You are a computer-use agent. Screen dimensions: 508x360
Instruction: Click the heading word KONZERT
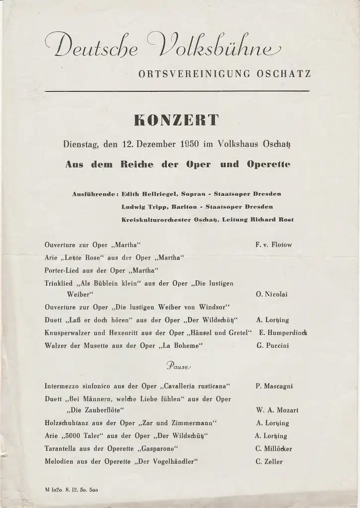point(176,121)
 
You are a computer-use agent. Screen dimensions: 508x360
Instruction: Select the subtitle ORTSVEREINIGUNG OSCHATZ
point(225,74)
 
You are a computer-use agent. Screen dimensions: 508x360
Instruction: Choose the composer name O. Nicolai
point(272,294)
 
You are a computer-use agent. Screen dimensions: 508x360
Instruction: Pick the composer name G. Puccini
point(273,345)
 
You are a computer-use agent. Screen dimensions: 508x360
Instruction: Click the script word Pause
point(178,366)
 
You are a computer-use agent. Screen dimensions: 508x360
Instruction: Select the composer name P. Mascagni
point(275,385)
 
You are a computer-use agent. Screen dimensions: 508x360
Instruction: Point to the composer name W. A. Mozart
point(277,410)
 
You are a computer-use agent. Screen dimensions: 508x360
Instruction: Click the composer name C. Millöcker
point(274,449)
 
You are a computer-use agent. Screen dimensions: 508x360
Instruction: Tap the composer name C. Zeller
point(269,462)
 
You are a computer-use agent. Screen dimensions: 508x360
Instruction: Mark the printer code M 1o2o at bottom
point(56,490)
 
